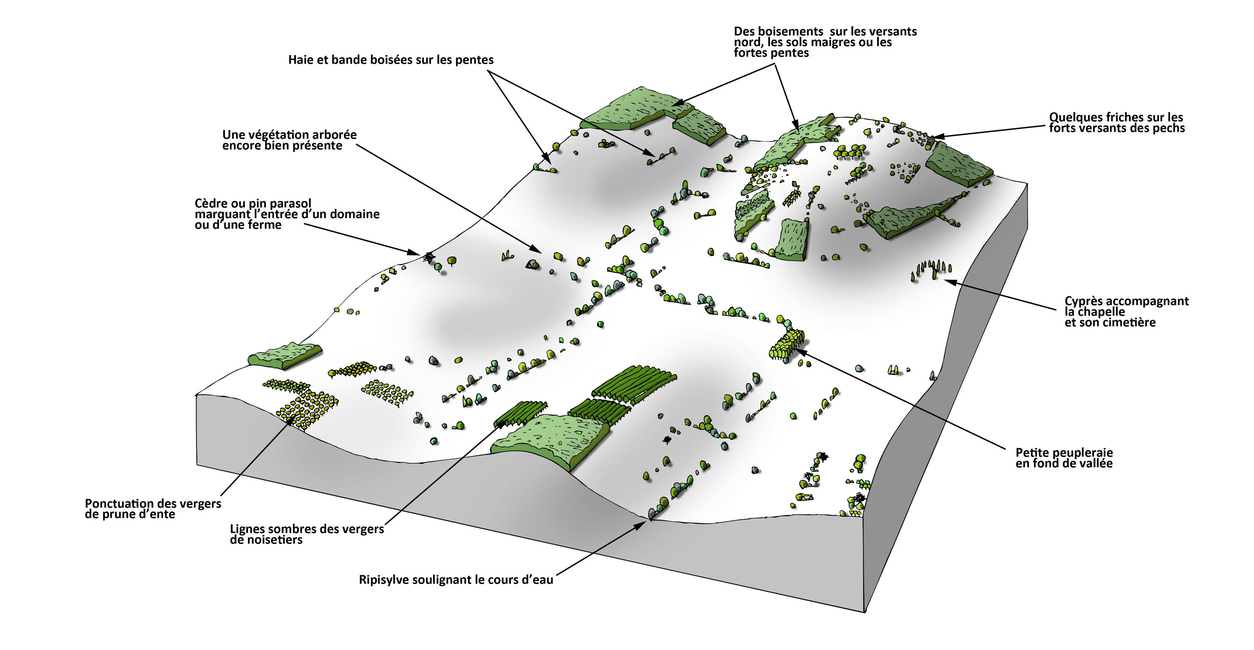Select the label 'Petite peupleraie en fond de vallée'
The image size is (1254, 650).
click(x=1064, y=458)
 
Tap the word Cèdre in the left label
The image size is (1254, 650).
click(x=212, y=203)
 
